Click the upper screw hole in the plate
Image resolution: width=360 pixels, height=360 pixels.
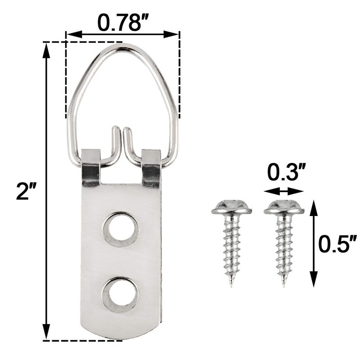120,229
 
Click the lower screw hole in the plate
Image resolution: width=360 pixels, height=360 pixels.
120,295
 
